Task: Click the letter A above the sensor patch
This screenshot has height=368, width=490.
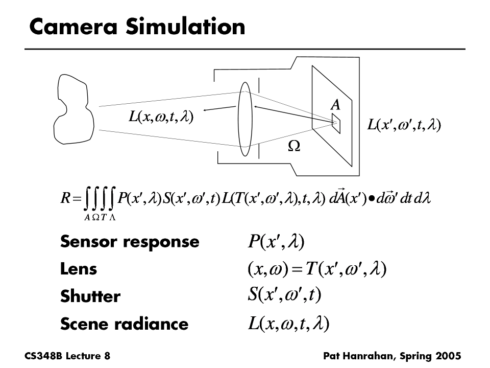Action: [335, 105]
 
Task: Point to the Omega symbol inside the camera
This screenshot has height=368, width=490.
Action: [294, 146]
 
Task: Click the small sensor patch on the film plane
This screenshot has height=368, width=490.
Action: [335, 123]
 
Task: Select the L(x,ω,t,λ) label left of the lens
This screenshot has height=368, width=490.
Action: [160, 118]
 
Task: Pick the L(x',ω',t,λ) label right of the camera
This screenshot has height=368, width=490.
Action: [405, 125]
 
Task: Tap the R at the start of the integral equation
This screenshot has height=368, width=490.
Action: [64, 199]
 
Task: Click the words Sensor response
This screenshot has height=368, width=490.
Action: [130, 241]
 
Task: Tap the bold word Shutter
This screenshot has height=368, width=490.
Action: [90, 296]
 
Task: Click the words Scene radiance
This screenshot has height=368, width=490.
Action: [124, 324]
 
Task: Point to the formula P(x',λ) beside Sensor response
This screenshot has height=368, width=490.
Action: [276, 241]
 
